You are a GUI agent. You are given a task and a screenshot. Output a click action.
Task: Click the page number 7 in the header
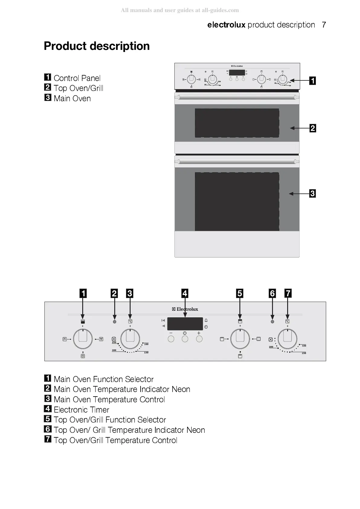pos(324,25)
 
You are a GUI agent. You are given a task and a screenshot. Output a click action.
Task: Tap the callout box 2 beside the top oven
pos(313,128)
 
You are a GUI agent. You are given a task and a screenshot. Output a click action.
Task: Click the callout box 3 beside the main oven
pos(313,193)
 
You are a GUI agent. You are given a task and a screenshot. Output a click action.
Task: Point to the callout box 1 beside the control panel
pos(313,81)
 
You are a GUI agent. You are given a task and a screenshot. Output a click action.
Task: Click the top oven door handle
pos(237,97)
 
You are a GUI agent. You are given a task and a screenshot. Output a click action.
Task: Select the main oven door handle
pos(237,162)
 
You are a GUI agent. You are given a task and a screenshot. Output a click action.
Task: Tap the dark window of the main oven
pos(237,202)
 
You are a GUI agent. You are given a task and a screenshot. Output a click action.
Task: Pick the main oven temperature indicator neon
pos(114,322)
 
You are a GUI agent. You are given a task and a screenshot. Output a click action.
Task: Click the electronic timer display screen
pos(185,324)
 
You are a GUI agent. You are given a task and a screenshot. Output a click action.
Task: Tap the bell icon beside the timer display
pos(206,320)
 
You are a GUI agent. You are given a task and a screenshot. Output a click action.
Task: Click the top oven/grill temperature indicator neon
pos(272,322)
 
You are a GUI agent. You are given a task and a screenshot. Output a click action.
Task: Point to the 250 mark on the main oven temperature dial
pos(114,342)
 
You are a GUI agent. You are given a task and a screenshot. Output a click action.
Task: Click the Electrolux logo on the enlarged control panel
pos(185,309)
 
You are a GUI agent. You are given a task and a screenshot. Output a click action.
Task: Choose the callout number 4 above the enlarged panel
pos(185,293)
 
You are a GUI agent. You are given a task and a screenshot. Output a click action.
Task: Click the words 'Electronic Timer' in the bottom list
pos(81,410)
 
